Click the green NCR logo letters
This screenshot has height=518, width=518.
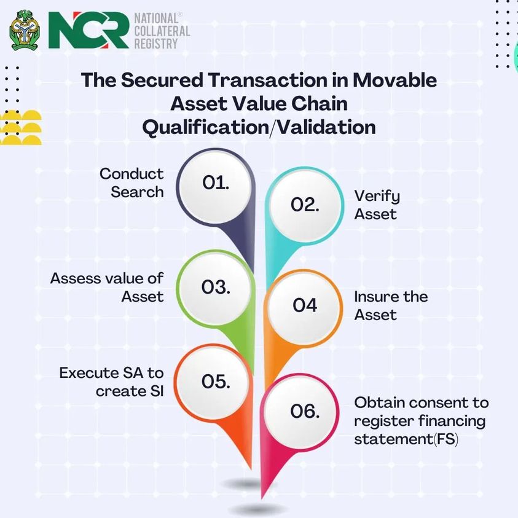tap(88, 30)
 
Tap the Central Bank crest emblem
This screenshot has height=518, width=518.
tap(25, 30)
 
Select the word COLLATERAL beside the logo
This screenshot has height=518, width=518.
tap(162, 31)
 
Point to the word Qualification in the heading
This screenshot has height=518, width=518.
tap(205, 127)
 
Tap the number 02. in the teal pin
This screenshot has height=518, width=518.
tap(305, 205)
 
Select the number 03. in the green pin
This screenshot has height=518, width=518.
tap(216, 287)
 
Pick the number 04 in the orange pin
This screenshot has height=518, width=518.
tap(305, 305)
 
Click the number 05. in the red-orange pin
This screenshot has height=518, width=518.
tap(216, 382)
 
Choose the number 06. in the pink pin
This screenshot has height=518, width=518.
tap(305, 411)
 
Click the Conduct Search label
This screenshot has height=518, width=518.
tap(131, 182)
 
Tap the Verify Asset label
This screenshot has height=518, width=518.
tap(377, 205)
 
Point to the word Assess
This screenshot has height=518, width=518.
tap(75, 278)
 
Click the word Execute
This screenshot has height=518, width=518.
tap(89, 373)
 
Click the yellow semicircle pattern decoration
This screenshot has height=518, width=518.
tap(20, 128)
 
